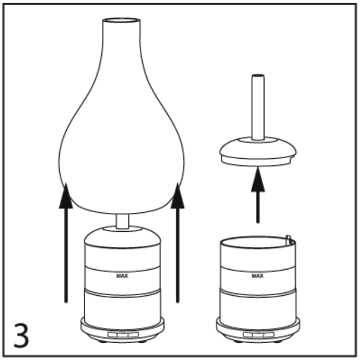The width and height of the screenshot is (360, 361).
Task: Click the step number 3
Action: (21, 335)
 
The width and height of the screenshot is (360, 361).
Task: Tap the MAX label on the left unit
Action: (122, 276)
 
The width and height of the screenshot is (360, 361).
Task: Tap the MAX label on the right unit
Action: (257, 276)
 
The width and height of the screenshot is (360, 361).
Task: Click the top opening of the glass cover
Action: (121, 20)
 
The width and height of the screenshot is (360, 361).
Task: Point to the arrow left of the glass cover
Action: (66, 243)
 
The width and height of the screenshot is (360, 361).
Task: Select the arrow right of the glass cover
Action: (178, 243)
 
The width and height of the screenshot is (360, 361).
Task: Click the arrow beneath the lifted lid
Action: (258, 195)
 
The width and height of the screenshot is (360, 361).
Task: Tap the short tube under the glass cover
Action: (123, 222)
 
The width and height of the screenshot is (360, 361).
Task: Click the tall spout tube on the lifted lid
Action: (258, 108)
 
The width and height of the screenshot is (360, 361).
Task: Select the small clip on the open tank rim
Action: (289, 240)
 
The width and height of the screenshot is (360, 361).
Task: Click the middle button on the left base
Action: (123, 335)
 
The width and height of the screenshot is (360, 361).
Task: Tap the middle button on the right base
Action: (257, 335)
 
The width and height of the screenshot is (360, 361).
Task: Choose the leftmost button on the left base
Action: (113, 335)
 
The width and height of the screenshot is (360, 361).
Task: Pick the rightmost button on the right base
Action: (269, 335)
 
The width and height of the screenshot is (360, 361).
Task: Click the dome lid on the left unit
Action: (123, 237)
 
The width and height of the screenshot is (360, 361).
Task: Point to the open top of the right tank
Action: (258, 242)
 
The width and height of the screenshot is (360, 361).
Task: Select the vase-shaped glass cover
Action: (121, 115)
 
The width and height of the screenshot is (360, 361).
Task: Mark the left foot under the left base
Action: (101, 341)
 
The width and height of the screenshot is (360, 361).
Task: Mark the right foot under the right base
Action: (278, 341)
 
